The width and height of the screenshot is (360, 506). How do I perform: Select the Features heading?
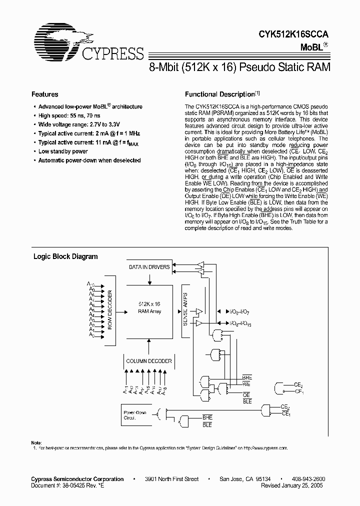[x=44, y=94]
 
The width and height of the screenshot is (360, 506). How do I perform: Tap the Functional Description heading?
[x=220, y=94]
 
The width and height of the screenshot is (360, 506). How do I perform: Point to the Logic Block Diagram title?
[x=65, y=256]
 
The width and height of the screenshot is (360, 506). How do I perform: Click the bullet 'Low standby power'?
[x=63, y=151]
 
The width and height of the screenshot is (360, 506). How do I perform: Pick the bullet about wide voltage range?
[x=79, y=124]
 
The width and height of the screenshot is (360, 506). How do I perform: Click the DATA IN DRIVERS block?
[x=149, y=267]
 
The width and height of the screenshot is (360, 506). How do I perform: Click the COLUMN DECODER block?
[x=149, y=361]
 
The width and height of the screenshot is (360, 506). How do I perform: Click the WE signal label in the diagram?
[x=246, y=384]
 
